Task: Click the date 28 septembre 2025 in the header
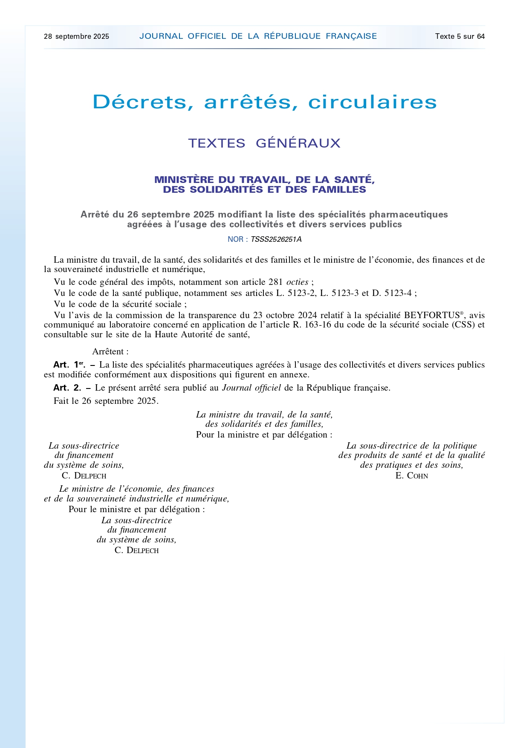pos(76,37)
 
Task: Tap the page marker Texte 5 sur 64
pos(460,37)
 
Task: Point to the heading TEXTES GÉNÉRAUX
pos(264,143)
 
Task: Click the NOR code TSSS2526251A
pos(276,240)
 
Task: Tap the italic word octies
pos(297,282)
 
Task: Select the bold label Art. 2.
pos(67,388)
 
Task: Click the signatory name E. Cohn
pos(411,476)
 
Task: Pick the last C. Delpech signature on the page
pos(136,551)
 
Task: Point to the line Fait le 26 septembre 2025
pos(106,401)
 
